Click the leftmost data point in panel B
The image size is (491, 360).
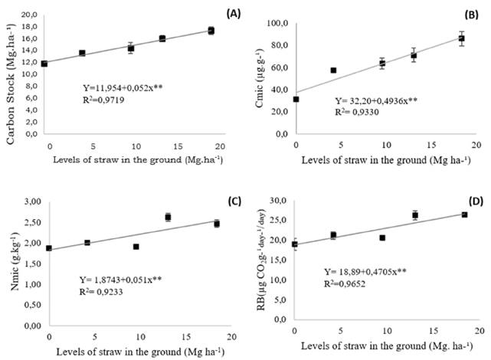pos(296,99)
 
